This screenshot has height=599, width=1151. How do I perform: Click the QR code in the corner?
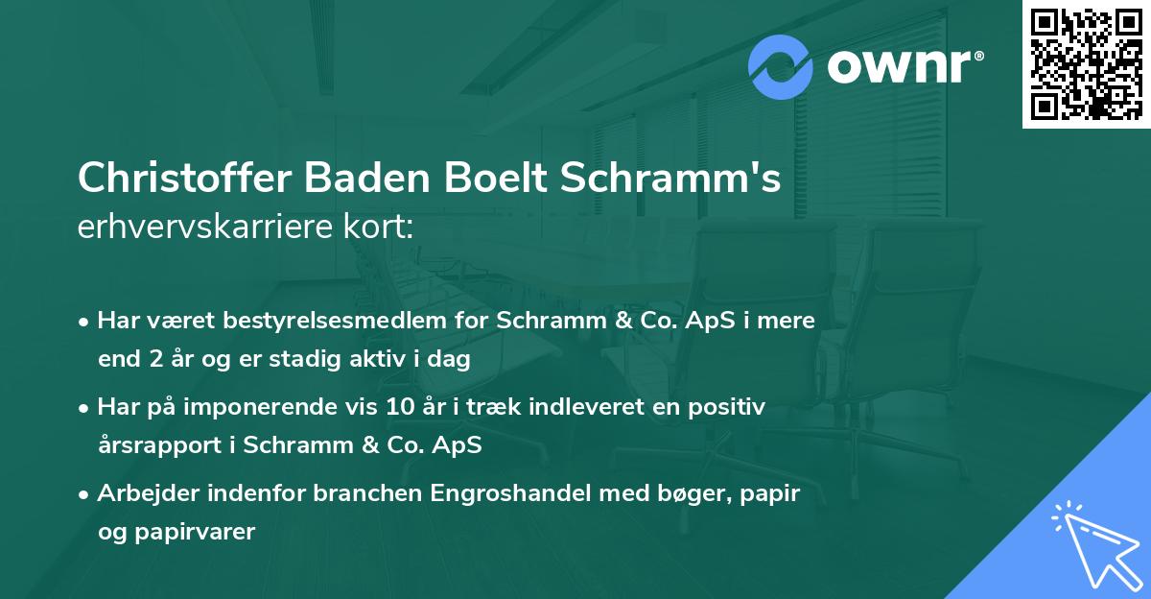tap(1086, 64)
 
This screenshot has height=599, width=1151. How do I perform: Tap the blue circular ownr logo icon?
tap(780, 67)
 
